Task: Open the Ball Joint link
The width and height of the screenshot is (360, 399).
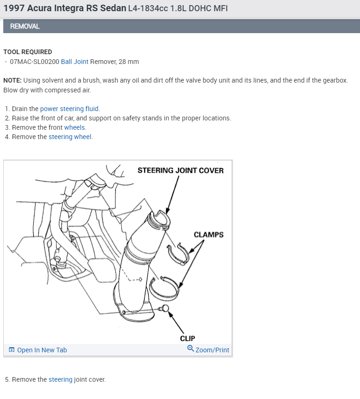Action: (x=75, y=62)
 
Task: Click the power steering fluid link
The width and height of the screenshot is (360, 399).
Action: (x=70, y=109)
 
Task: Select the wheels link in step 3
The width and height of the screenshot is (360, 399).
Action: (x=75, y=127)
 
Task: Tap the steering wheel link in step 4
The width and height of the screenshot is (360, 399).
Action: (x=71, y=137)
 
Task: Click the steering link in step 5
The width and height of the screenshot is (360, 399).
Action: (x=60, y=379)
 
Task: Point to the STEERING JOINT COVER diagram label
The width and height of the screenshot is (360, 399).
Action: (x=180, y=170)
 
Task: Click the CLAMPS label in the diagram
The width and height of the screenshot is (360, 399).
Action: (x=209, y=235)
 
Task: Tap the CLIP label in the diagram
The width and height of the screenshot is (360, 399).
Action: (x=187, y=338)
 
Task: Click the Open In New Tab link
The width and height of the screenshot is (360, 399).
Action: (x=42, y=350)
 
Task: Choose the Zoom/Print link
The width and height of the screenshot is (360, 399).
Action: (x=212, y=350)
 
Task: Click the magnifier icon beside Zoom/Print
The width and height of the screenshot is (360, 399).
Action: (x=191, y=349)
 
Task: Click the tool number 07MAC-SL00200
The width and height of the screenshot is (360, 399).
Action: (x=35, y=62)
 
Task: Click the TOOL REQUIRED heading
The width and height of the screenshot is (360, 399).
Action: (x=28, y=52)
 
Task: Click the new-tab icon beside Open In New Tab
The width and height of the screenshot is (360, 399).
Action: (x=12, y=350)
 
